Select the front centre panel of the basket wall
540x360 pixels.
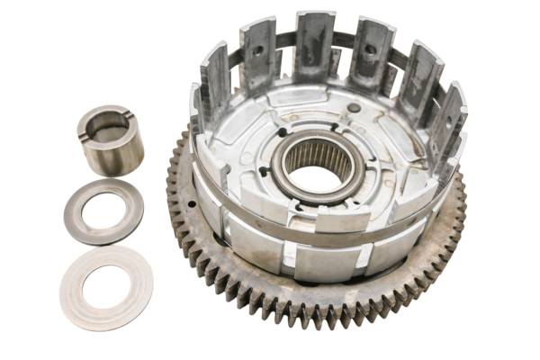(x=319, y=261)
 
